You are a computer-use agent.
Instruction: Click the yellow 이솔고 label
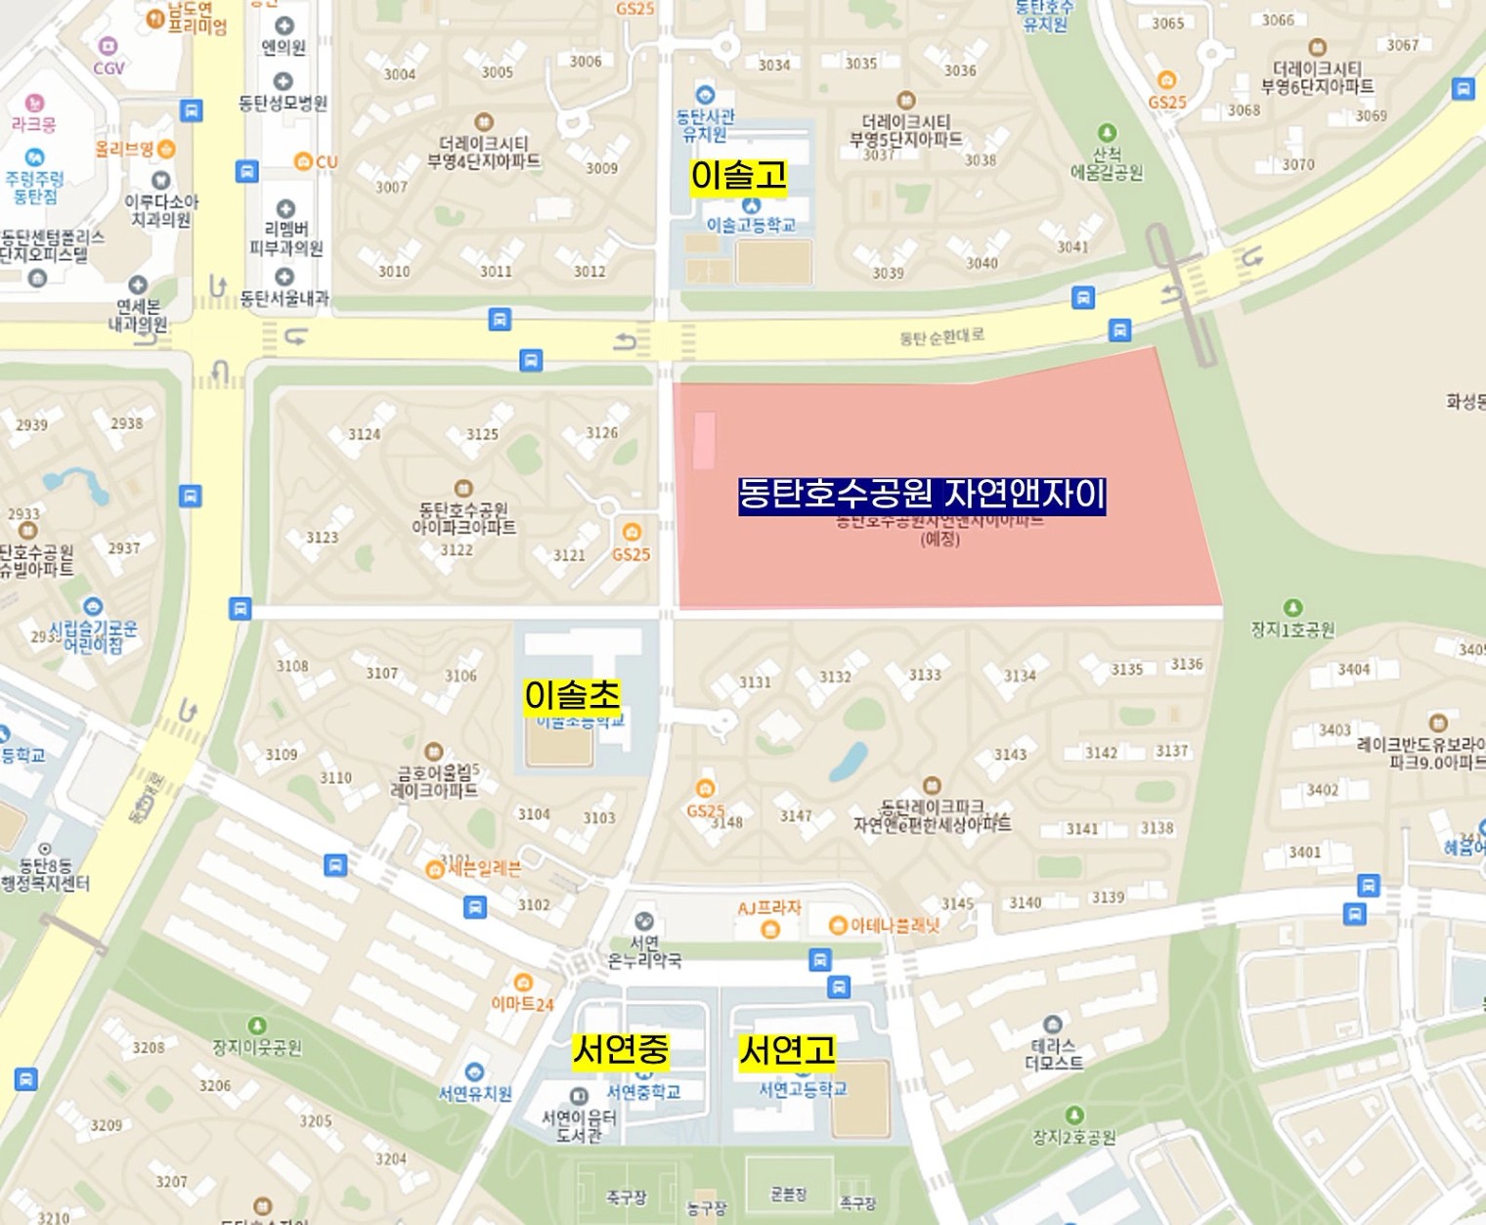(x=738, y=176)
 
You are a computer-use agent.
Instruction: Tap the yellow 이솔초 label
(x=572, y=695)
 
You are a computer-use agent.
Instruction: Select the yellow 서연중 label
(x=621, y=1050)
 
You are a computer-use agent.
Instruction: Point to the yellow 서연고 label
(x=787, y=1051)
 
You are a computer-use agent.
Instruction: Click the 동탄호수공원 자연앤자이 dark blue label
(x=921, y=494)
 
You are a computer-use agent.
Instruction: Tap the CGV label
(x=109, y=67)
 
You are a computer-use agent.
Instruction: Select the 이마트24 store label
(x=522, y=1003)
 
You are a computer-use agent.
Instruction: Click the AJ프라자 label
(x=769, y=908)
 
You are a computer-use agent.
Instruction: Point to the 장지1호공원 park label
(x=1292, y=630)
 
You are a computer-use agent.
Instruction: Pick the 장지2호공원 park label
(x=1073, y=1137)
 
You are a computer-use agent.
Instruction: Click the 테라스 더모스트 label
(x=1053, y=1054)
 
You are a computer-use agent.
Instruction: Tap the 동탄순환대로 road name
(x=941, y=337)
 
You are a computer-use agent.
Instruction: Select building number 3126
(x=601, y=433)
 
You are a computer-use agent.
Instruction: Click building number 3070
(x=1297, y=164)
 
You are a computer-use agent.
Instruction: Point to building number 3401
(x=1304, y=853)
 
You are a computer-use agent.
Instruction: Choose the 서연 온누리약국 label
(x=644, y=951)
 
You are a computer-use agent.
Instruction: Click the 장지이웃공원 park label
(x=257, y=1047)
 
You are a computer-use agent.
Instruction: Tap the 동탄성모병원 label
(x=283, y=103)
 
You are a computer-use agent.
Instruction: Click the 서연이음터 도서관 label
(x=579, y=1125)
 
